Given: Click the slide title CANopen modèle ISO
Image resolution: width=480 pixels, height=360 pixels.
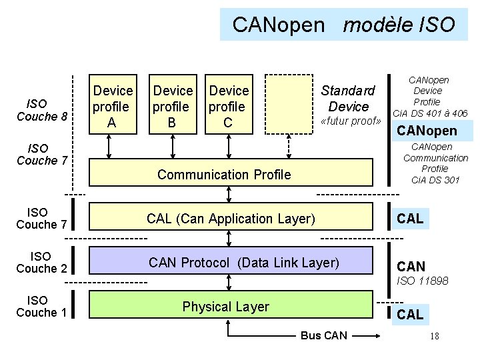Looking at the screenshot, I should [343, 25].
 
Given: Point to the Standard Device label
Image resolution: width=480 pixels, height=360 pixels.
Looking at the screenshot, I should [348, 98].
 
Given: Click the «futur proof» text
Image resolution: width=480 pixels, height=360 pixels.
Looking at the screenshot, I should [351, 121].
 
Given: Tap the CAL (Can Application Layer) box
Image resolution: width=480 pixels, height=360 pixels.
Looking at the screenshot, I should [230, 219].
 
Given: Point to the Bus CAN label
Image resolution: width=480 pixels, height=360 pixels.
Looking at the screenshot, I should [323, 335].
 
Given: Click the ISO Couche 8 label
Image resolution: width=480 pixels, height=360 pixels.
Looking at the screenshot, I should [41, 110].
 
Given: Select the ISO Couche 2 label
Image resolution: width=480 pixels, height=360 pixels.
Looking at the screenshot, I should [41, 262].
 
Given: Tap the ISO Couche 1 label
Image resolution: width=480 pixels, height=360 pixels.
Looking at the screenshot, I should [41, 306].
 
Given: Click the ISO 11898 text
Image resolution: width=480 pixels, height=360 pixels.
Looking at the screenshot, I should [422, 281].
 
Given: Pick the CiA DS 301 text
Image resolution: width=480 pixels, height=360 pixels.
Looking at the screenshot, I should [435, 179].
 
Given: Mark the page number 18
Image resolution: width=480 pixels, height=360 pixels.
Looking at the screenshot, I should [434, 336].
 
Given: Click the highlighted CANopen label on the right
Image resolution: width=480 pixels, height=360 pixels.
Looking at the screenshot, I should [427, 130].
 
